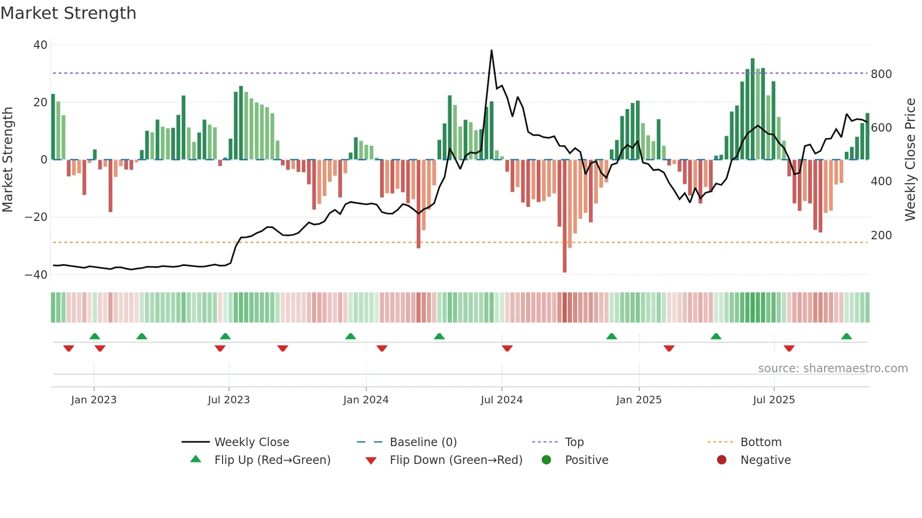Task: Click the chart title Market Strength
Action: click(69, 13)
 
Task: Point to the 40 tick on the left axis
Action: click(40, 45)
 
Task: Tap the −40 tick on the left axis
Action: click(36, 275)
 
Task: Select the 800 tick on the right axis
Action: click(881, 74)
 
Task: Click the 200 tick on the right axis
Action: click(881, 235)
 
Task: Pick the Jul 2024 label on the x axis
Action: click(501, 400)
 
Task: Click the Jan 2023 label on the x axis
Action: click(94, 400)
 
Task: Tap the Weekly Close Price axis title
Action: click(910, 160)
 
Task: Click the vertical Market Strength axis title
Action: click(8, 160)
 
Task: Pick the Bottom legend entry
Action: click(761, 442)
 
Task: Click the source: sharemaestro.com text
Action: click(833, 369)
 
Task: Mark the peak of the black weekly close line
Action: click(492, 51)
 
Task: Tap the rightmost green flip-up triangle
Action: click(846, 336)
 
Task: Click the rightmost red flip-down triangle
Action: click(789, 348)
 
